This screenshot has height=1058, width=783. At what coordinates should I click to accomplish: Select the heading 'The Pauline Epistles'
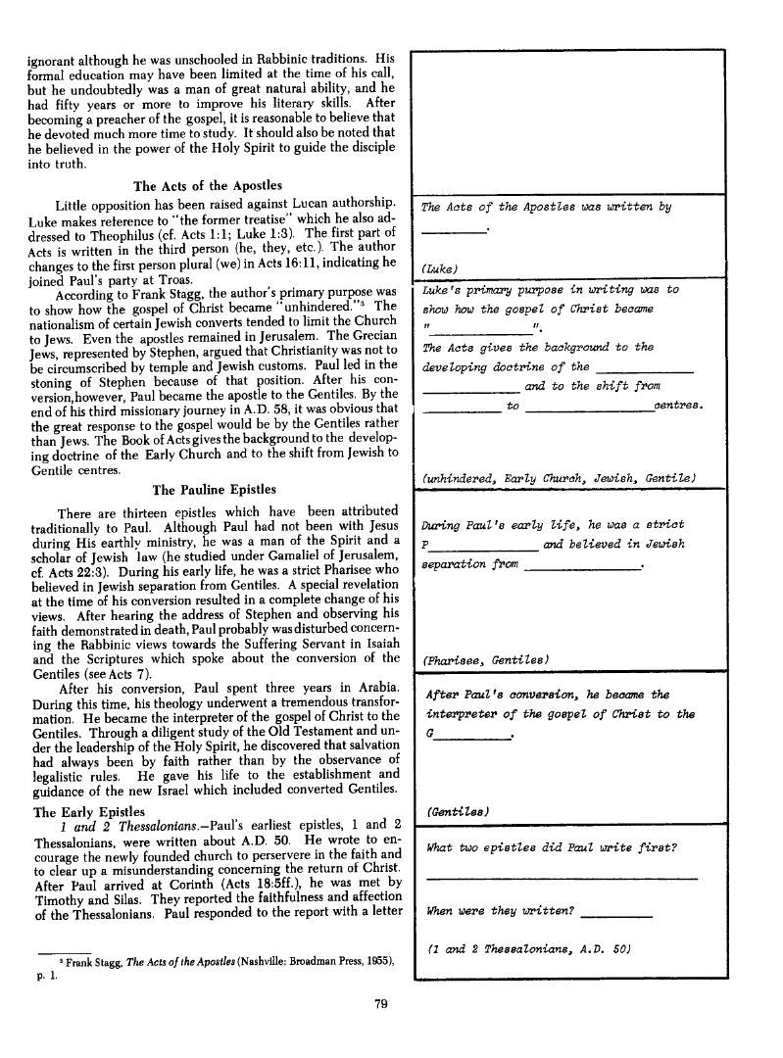[215, 489]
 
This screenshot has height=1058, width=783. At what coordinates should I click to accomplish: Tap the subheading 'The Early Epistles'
[89, 812]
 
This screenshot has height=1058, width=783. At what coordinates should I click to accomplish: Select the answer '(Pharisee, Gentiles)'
[484, 658]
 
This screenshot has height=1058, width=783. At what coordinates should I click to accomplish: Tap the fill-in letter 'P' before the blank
[424, 545]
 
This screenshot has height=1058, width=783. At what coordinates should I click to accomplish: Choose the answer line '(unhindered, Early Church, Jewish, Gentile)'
[558, 477]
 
